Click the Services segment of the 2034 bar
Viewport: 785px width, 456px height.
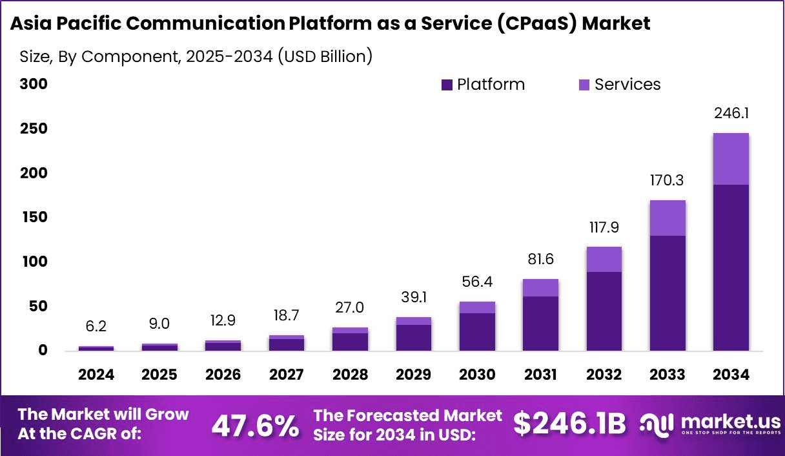click(x=731, y=159)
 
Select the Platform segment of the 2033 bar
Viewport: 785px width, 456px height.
click(x=667, y=293)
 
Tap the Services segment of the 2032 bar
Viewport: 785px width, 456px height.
click(x=604, y=259)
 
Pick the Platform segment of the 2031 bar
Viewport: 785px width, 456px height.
click(x=541, y=324)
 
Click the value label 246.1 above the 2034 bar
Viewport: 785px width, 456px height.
click(x=731, y=114)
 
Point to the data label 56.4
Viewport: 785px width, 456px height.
click(x=478, y=282)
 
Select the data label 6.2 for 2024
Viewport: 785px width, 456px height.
click(x=96, y=327)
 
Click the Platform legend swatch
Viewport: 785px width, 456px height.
click(x=447, y=85)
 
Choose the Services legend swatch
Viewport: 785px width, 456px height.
click(x=584, y=85)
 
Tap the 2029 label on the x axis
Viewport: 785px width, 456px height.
click(x=414, y=375)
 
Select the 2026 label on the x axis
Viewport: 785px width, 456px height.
click(x=223, y=375)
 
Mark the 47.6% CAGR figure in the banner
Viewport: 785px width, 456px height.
click(x=255, y=425)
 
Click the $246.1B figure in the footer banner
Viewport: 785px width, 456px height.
click(x=569, y=424)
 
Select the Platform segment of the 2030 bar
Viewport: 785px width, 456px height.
click(x=478, y=332)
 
